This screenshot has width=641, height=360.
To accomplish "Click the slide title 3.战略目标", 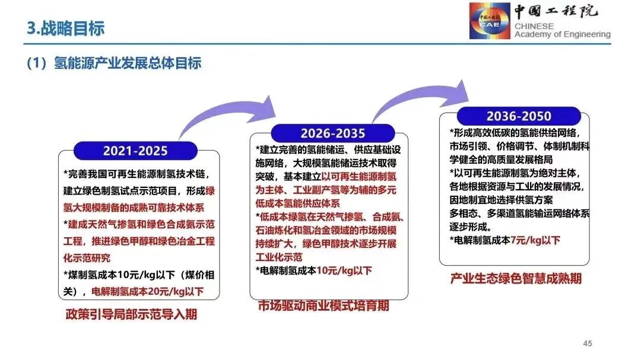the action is (65, 28).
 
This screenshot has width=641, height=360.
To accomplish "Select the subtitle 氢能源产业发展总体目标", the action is (128, 63).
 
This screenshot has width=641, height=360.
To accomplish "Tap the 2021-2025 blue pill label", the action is (135, 151).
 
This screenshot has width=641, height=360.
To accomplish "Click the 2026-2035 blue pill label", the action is (333, 133).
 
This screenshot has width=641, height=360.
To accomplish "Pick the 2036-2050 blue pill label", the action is (519, 116).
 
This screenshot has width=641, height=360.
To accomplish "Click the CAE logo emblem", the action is (490, 21).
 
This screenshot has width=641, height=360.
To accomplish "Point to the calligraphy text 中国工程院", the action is (556, 11).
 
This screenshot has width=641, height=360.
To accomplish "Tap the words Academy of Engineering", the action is (563, 35).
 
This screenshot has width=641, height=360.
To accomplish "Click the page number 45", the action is (588, 343).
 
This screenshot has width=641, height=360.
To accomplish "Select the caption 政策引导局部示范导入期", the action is (131, 314).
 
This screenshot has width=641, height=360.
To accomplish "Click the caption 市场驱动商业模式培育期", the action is (323, 305).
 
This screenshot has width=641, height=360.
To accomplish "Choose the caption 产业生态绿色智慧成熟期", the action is (516, 279).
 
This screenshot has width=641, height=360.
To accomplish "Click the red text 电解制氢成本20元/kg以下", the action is (147, 292).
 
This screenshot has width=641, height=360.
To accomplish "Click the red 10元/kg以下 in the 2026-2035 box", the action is (344, 270).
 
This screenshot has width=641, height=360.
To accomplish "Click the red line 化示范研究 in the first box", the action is (87, 258).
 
